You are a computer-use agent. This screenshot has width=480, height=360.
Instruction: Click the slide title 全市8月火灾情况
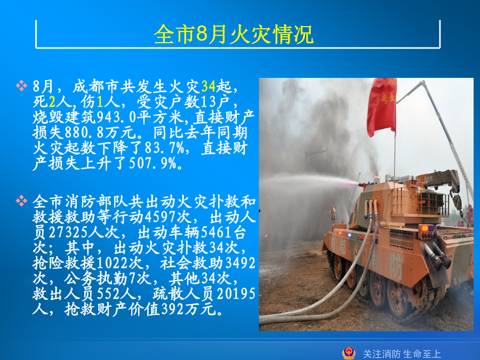(234, 34)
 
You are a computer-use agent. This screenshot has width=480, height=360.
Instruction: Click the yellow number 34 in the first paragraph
(209, 86)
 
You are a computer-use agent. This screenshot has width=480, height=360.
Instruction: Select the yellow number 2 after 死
(52, 102)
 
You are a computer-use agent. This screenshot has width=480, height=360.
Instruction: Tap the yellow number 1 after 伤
(100, 102)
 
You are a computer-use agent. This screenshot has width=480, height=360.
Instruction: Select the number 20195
(236, 294)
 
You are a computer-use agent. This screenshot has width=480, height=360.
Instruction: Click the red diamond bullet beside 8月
(21, 86)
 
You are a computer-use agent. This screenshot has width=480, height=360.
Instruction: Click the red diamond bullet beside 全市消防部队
(21, 201)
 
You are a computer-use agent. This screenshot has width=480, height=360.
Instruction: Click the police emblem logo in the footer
(349, 353)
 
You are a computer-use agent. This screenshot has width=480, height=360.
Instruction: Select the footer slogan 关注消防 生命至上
(402, 354)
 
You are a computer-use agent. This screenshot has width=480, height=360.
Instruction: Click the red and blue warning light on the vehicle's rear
(427, 229)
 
